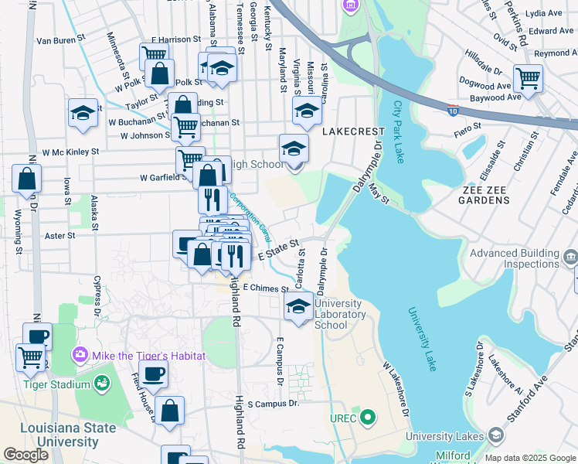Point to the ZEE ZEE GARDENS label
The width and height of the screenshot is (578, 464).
497,194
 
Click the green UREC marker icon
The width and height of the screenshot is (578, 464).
368,418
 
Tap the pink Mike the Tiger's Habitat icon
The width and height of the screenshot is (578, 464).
80,355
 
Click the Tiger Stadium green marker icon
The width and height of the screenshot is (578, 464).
101,383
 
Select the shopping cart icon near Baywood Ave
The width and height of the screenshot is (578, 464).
528,77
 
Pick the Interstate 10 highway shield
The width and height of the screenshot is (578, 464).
454,111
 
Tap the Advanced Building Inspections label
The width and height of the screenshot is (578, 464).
515,258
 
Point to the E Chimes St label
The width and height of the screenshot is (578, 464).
265,287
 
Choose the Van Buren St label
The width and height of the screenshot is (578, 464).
59,39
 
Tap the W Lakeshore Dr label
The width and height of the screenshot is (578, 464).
395,386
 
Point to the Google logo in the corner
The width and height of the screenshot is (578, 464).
25,455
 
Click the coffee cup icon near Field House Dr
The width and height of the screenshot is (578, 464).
153,374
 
